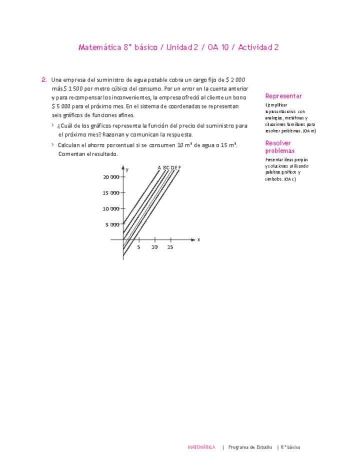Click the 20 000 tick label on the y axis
111,177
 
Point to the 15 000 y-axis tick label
111,193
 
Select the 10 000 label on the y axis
111,208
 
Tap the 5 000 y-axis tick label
112,224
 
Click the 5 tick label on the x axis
138,247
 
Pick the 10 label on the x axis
154,247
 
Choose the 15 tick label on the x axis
170,247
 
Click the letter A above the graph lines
159,167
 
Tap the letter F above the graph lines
179,167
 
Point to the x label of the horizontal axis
198,240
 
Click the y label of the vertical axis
127,170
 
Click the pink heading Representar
283,96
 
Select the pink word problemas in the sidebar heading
280,150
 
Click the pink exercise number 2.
44,79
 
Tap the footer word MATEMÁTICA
201,447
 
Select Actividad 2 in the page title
258,47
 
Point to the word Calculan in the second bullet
69,145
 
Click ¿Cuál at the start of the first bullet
65,126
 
